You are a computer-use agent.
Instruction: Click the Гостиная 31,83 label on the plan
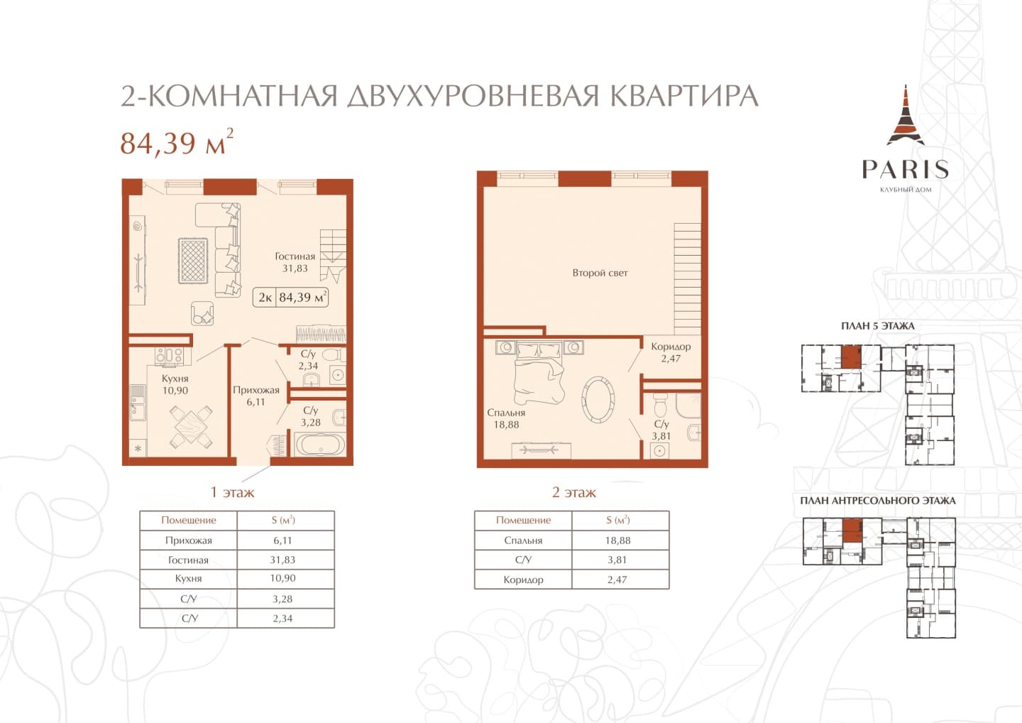pyautogui.click(x=295, y=263)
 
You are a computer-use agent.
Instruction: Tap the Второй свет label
pyautogui.click(x=600, y=273)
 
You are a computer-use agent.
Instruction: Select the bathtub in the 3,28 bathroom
pyautogui.click(x=320, y=444)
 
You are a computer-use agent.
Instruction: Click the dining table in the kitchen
pyautogui.click(x=191, y=427)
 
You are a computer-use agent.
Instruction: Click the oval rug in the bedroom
pyautogui.click(x=598, y=398)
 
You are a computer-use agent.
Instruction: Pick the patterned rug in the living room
pyautogui.click(x=192, y=261)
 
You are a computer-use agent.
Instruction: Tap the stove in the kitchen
pyautogui.click(x=169, y=356)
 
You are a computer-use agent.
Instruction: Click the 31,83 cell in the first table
pyautogui.click(x=282, y=560)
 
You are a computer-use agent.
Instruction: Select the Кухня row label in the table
pyautogui.click(x=188, y=578)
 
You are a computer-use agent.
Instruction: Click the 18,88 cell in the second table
pyautogui.click(x=617, y=540)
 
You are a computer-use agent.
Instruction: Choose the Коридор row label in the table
pyautogui.click(x=523, y=580)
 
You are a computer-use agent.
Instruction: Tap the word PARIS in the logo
pyautogui.click(x=905, y=169)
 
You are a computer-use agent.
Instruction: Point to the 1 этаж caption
pyautogui.click(x=232, y=492)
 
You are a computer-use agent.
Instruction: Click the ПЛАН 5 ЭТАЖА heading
pyautogui.click(x=878, y=326)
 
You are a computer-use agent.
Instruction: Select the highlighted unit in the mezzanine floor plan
pyautogui.click(x=852, y=531)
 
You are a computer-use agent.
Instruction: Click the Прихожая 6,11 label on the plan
pyautogui.click(x=255, y=396)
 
